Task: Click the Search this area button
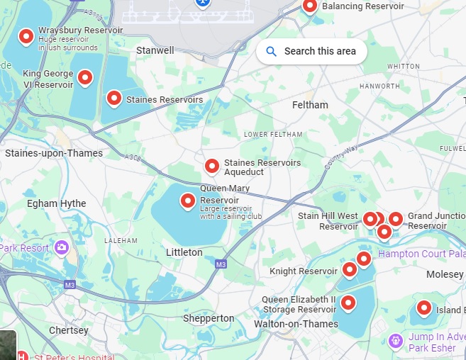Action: click(311, 51)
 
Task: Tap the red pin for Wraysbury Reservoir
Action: click(26, 36)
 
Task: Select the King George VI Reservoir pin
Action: click(85, 77)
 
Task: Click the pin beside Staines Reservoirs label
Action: click(113, 99)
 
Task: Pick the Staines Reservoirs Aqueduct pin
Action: click(211, 166)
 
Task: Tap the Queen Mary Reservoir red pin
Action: click(188, 201)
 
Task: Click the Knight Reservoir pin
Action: click(349, 269)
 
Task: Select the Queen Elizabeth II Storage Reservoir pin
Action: click(348, 303)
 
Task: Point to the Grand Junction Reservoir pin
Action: click(395, 219)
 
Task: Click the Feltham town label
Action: click(310, 105)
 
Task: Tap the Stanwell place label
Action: click(155, 50)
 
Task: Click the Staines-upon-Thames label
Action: click(54, 153)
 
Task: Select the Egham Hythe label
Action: click(57, 203)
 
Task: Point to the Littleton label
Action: click(184, 252)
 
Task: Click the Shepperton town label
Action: click(209, 318)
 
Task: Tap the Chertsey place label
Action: click(69, 330)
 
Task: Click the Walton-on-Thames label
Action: click(296, 324)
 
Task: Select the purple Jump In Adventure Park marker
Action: click(395, 342)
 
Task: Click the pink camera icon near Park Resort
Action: click(62, 247)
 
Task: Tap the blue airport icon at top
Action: click(202, 2)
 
